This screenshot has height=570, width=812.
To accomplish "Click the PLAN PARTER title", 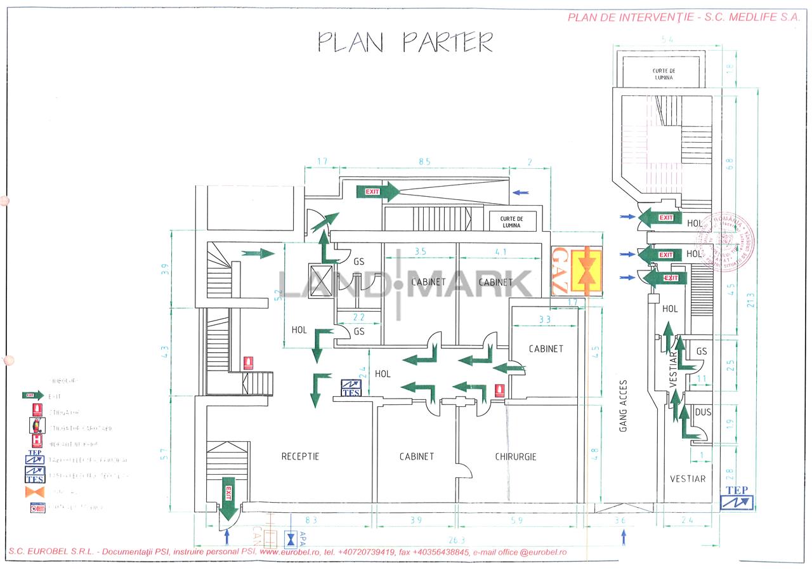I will coord(405,42).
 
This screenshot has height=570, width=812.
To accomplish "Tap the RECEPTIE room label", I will coord(300,456).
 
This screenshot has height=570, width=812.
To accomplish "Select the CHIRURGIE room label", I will coord(515,456).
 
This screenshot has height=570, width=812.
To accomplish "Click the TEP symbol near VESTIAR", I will coord(737,498).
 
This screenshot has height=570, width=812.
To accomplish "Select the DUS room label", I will coord(702,412).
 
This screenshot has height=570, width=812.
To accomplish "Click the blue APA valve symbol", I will coord(291,539).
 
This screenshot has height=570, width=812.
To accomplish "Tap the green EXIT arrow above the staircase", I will coord(378,191).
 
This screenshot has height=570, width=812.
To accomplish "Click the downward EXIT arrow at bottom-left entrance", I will coord(228,500).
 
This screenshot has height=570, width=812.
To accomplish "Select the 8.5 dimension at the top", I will coord(423,162).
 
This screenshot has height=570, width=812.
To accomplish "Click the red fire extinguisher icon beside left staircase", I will coord(249,363).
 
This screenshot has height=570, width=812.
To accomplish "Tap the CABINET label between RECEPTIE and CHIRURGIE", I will coord(417,456).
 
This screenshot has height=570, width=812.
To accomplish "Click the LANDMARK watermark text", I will coord(406,284).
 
